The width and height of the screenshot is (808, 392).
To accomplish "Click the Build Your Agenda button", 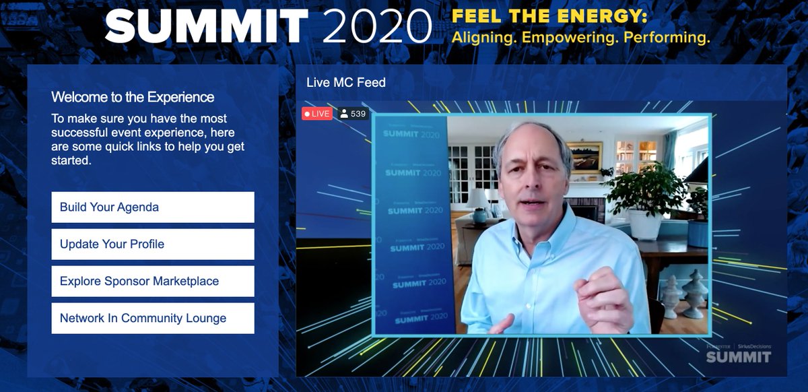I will click(153, 207).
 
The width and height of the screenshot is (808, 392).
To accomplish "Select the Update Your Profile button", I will click(153, 244).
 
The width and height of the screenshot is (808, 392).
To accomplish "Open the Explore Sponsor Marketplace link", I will click(153, 281).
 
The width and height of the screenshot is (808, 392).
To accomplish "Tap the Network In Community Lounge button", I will click(153, 318).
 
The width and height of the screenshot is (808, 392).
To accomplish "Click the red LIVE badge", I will click(317, 114).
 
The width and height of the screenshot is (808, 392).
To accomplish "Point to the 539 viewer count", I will click(353, 114).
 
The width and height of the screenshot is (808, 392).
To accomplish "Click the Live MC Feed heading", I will click(346, 83).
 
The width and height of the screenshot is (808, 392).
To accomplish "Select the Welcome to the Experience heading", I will click(133, 97).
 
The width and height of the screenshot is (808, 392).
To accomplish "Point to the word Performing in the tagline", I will click(667, 38).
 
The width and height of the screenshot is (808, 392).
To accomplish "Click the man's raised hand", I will click(605, 297).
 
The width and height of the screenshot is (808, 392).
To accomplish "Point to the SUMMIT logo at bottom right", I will click(738, 356).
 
